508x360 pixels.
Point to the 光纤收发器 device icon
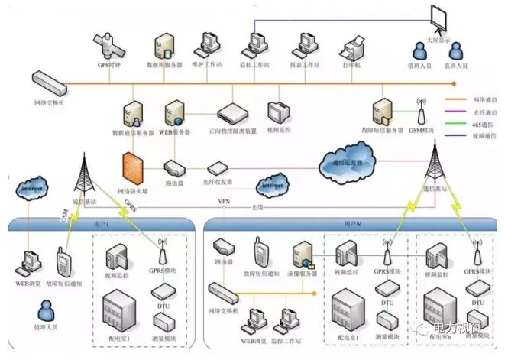[x=220, y=167]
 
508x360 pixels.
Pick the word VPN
[x=224, y=201]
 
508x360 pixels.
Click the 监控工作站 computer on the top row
[x=257, y=42]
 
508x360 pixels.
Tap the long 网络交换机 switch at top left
[x=48, y=79]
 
